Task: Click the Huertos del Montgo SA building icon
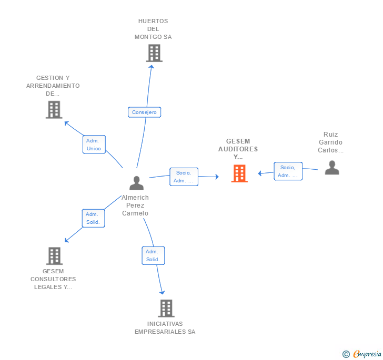154,53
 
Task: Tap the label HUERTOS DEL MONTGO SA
153,29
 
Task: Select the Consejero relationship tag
144,112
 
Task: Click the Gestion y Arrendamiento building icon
54,109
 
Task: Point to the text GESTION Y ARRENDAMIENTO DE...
53,86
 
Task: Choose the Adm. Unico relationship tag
94,145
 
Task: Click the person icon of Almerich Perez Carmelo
136,183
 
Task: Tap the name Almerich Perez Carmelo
135,205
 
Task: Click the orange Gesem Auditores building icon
239,173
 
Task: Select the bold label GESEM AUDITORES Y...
238,149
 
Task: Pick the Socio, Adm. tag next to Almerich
184,177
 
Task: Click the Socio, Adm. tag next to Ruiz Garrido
288,171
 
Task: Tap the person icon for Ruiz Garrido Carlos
331,167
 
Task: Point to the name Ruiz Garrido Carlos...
330,142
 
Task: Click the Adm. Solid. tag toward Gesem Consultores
94,218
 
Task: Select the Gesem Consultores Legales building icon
54,256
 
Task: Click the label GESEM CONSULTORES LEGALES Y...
53,279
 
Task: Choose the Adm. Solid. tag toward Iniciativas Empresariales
153,255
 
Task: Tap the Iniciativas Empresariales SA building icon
166,308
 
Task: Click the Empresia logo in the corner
362,354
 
